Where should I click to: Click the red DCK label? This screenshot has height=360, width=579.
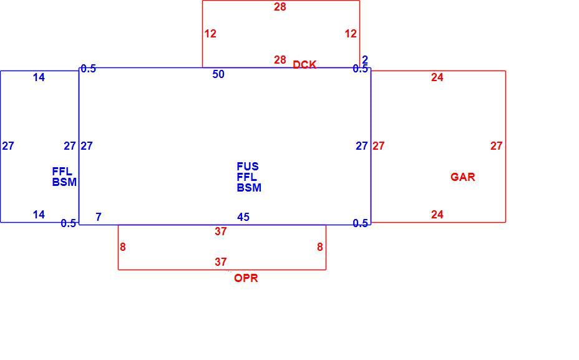point(304,65)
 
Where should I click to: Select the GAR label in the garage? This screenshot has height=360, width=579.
point(463,177)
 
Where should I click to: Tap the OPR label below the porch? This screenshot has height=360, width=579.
point(246,278)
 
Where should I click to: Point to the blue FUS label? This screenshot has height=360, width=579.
point(248,166)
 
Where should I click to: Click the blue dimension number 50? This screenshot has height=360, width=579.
point(218,74)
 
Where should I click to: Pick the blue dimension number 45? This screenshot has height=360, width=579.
point(243,217)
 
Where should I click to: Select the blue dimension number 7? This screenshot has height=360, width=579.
point(98,217)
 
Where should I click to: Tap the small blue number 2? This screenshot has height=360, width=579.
point(365,59)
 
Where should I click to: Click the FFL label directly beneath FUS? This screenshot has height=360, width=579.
point(246,177)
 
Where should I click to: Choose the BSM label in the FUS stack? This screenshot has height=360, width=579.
point(249,188)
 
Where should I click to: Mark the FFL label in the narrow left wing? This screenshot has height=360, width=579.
point(62,172)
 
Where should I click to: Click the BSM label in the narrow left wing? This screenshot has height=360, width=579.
point(64,182)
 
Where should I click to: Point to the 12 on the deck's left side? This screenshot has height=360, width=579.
point(210,34)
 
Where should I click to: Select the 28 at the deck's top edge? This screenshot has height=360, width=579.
point(280,7)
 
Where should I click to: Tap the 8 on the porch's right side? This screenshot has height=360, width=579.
point(320,247)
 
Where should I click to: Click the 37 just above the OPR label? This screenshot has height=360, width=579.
point(221,262)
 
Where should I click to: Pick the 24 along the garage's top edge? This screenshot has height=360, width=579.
point(437,77)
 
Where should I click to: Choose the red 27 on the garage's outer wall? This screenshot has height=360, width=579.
point(496,146)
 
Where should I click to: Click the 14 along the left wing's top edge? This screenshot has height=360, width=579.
point(39,77)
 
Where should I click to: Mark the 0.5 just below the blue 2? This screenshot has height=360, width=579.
point(360,69)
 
